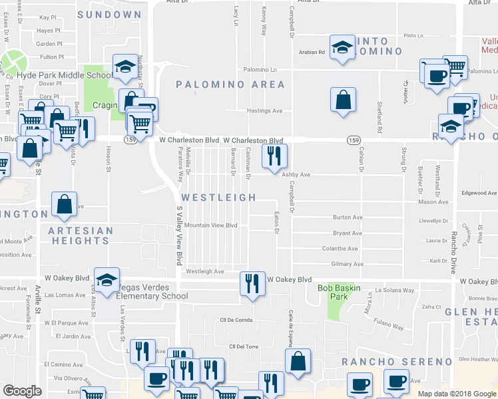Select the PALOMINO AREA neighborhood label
230,84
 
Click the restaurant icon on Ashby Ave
275,157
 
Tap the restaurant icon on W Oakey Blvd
252,284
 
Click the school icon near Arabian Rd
343,47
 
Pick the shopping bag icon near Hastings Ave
343,100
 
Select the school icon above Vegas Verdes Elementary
107,282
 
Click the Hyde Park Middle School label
65,75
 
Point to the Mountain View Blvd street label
211,225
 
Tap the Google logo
22,391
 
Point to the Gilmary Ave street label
348,264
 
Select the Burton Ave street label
348,217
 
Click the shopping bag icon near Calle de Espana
298,362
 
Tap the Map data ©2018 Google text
456,394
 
